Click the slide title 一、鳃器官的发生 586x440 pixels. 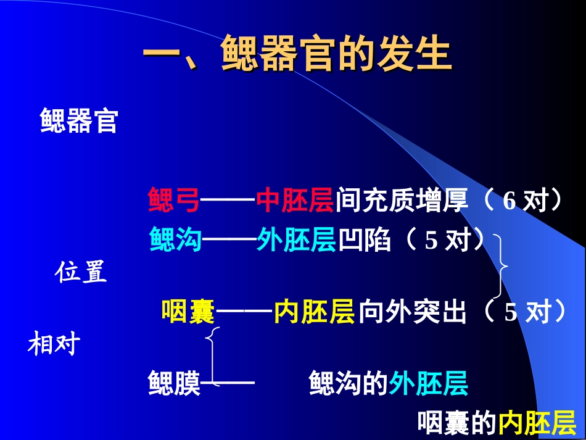[x=297, y=54]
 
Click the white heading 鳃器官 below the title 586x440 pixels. [x=79, y=121]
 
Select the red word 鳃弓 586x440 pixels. [x=174, y=201]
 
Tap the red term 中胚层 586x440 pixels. [x=295, y=201]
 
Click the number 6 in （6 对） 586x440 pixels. [x=510, y=202]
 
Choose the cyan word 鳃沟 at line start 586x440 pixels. [x=175, y=240]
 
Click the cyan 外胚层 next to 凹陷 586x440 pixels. [x=296, y=240]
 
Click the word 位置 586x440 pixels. [x=82, y=272]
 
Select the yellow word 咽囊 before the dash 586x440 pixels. [x=188, y=312]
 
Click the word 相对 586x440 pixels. [x=54, y=344]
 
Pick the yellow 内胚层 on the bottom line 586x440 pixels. [x=537, y=423]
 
